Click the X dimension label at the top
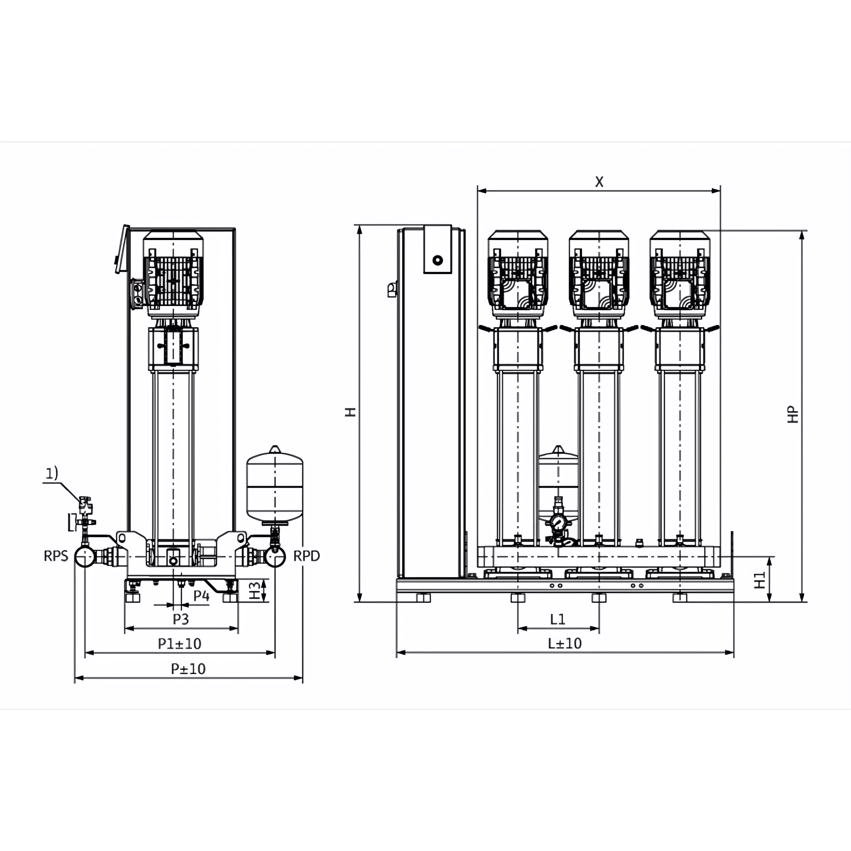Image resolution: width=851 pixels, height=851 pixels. (599, 181)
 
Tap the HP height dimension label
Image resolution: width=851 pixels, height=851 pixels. (793, 415)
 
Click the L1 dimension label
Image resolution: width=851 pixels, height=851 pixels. (557, 619)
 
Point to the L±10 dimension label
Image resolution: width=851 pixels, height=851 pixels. (565, 644)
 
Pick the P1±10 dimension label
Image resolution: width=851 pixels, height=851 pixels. (180, 644)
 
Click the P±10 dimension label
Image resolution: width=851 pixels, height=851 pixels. (188, 669)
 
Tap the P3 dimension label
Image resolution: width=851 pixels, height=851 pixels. (181, 619)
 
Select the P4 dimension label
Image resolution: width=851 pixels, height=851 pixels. (201, 596)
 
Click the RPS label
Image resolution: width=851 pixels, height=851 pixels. (56, 556)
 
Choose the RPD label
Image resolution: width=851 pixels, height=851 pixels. (307, 556)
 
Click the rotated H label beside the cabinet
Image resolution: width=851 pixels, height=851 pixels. (350, 412)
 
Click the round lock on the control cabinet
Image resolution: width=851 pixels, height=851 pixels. (437, 260)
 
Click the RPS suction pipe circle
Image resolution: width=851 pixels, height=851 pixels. (85, 557)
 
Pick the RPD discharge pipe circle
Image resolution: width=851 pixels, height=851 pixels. (275, 557)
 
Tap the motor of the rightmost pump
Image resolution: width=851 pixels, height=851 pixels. (680, 274)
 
